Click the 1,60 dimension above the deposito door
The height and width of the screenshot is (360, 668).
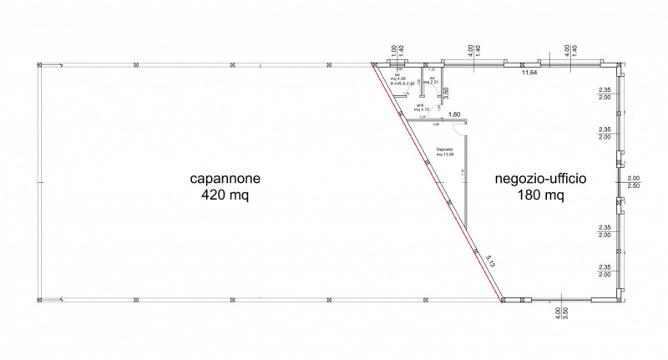click(455, 114)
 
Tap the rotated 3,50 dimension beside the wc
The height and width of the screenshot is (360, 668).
click(447, 92)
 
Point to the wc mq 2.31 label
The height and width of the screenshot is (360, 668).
click(431, 81)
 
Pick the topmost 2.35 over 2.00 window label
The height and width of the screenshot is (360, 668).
click(605, 94)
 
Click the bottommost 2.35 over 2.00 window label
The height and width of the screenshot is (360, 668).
click(605, 270)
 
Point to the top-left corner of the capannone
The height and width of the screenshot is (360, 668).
click(40, 64)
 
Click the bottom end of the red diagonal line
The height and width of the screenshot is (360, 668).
click(502, 298)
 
